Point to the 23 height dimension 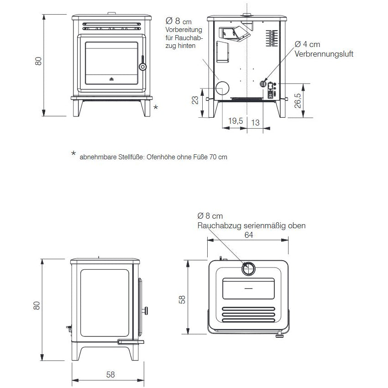(195, 100)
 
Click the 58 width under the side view (110, 374)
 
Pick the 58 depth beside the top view (182, 299)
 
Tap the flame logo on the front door (111, 79)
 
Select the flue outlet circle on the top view (250, 269)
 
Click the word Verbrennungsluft (324, 54)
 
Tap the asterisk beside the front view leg (156, 107)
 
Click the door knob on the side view (146, 311)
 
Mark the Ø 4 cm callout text (307, 44)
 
